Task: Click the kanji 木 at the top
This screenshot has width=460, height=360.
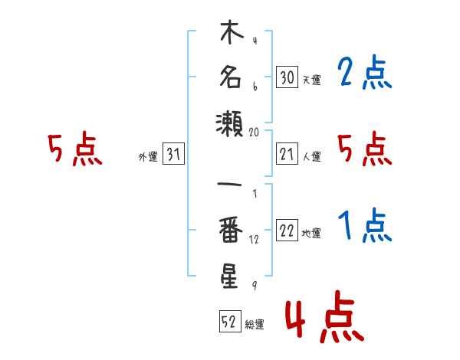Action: (232, 31)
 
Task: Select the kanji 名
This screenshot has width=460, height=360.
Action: (231, 77)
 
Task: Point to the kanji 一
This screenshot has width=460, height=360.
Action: (229, 185)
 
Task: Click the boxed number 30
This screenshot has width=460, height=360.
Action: (287, 77)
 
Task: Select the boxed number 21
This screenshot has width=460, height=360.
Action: (287, 153)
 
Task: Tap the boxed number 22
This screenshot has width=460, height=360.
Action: (287, 230)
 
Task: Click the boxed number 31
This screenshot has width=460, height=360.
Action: (173, 153)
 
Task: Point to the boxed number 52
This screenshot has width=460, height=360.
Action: (230, 321)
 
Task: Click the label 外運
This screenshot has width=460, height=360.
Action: (148, 157)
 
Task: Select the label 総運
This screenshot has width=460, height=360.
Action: (255, 324)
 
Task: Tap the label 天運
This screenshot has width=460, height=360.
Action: (312, 80)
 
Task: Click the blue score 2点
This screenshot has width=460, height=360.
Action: (365, 72)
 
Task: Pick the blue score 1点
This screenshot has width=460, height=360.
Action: (365, 225)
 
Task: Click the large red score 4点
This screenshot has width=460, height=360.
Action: (325, 316)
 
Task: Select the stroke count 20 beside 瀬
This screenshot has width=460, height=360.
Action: (254, 133)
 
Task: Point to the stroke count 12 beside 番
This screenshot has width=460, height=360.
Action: (254, 240)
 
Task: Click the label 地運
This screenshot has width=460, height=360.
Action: (311, 234)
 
